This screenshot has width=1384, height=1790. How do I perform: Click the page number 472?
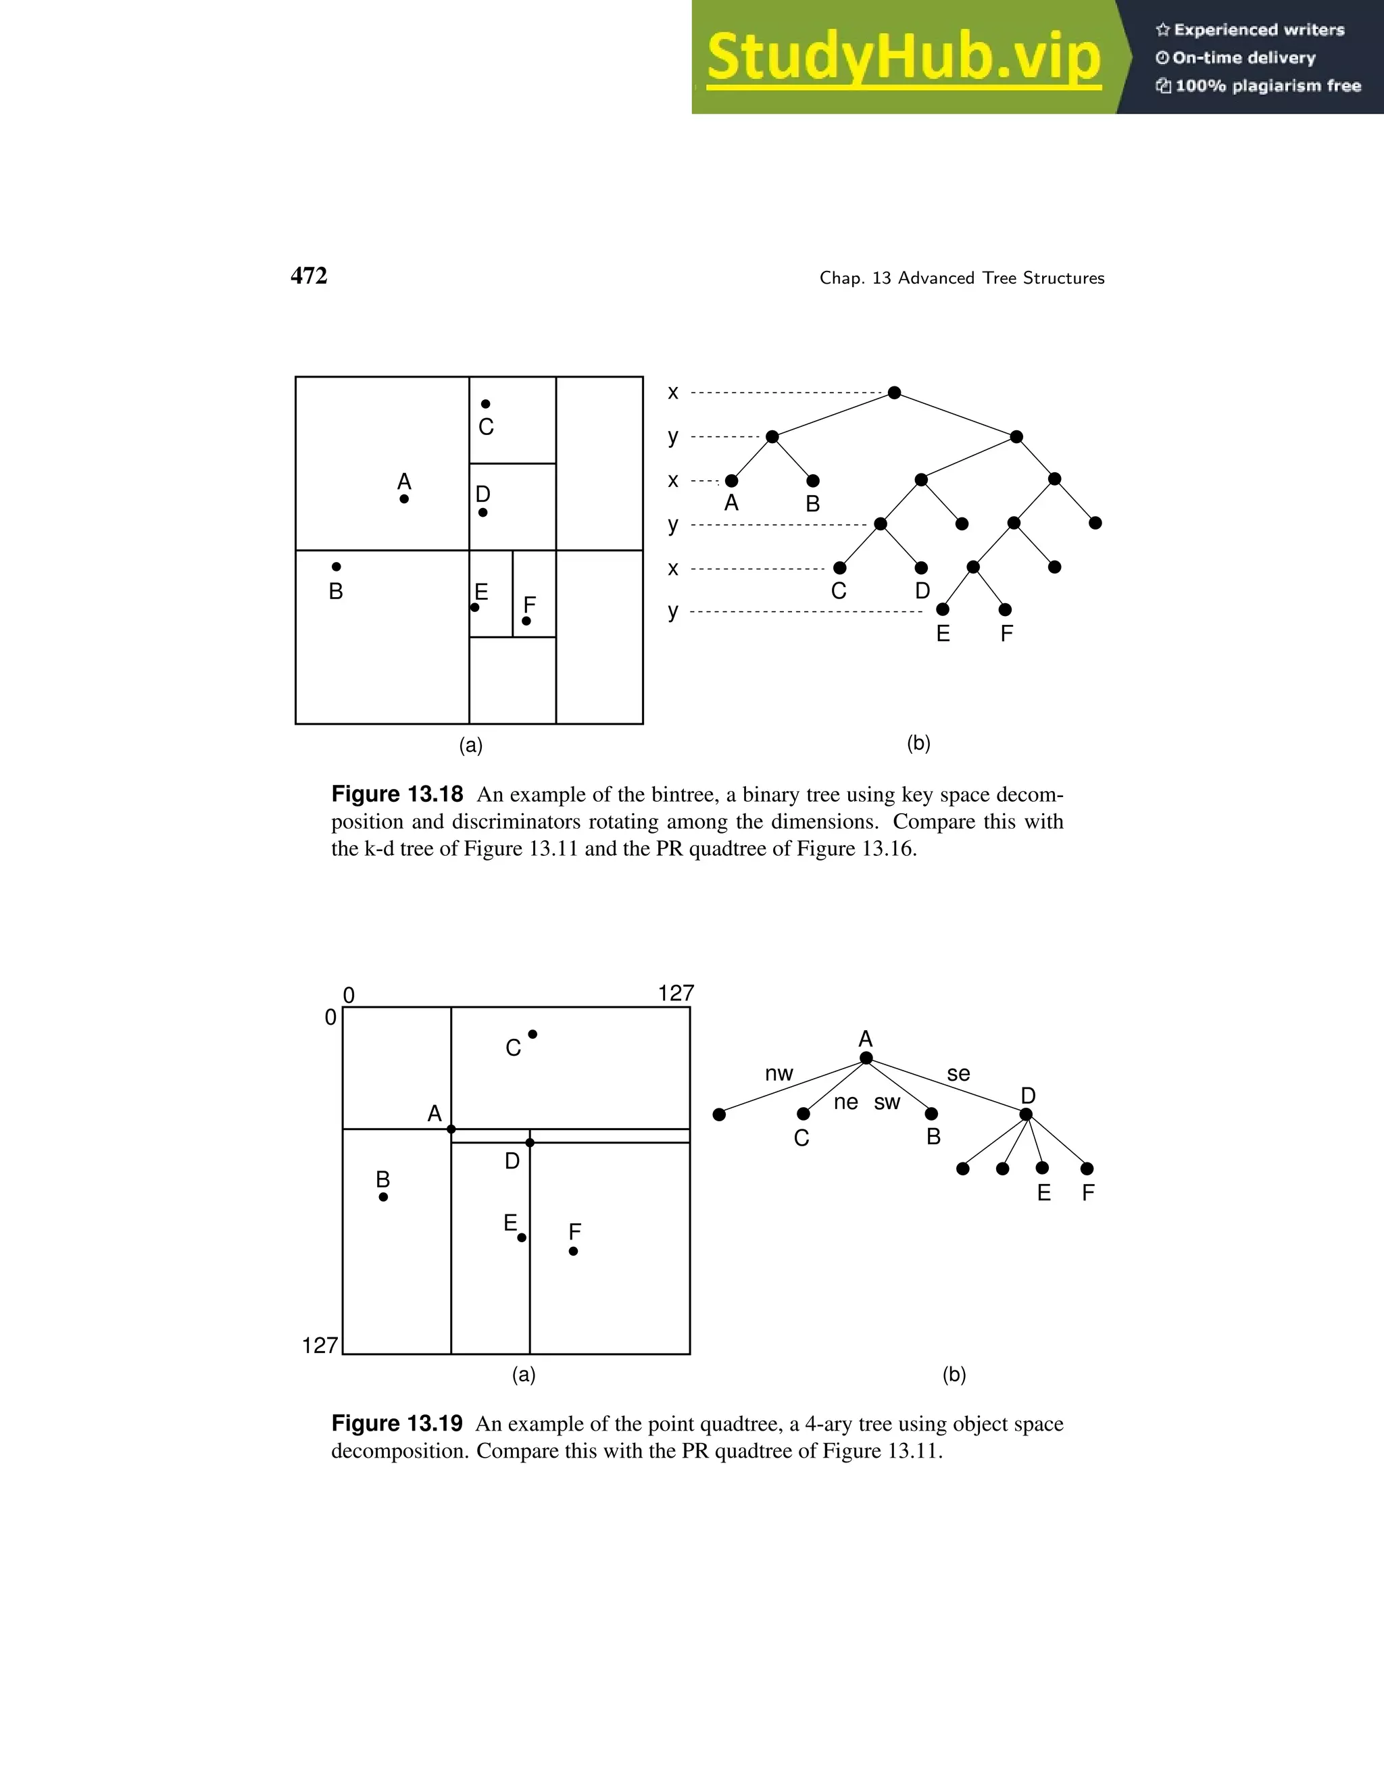[x=308, y=276]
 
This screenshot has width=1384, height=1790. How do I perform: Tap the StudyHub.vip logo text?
[x=903, y=57]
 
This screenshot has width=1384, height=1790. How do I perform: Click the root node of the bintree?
[x=895, y=392]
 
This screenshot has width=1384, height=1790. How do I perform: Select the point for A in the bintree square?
[x=404, y=498]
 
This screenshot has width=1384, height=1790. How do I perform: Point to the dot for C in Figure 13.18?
[x=485, y=404]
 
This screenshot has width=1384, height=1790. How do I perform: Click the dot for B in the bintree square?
[x=336, y=566]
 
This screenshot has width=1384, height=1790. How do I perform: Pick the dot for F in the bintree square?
[x=526, y=621]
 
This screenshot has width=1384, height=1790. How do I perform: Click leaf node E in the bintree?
[x=943, y=610]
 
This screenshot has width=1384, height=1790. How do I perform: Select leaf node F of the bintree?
[x=1005, y=610]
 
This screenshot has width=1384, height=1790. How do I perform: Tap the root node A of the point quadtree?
[x=866, y=1058]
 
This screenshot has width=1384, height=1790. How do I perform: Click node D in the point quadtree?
[x=1026, y=1114]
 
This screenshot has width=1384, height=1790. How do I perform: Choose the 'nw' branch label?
[x=779, y=1074]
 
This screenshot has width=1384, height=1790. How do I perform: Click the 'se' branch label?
[x=958, y=1074]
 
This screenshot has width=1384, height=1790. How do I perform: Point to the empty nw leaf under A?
[x=719, y=1115]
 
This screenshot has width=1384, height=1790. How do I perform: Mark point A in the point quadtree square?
[x=451, y=1129]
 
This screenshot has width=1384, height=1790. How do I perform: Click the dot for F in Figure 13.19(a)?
[x=573, y=1251]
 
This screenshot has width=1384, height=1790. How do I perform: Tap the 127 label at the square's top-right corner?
[x=676, y=994]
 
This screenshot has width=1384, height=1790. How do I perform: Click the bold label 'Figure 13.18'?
[x=397, y=794]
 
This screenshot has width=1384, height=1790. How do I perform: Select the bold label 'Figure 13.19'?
[x=397, y=1424]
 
